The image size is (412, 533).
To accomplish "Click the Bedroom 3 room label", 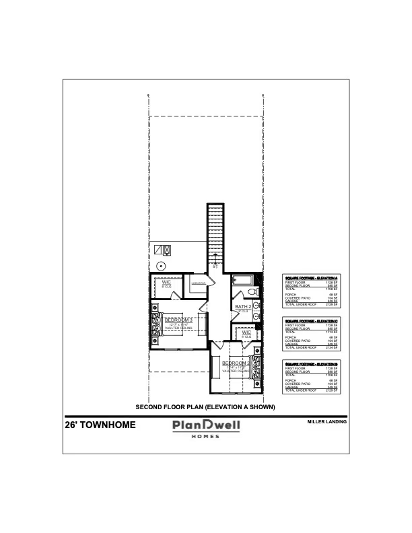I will coord(179,320).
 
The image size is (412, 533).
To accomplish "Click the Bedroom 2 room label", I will coord(235,363).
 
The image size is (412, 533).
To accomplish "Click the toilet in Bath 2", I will coord(252,292).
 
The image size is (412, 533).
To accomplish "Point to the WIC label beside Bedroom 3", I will coord(166,283).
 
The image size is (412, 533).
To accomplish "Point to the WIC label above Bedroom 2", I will coord(246,332).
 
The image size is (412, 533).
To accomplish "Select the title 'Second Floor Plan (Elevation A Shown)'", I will coord(205,406).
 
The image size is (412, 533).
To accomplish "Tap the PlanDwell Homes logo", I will coord(206,428).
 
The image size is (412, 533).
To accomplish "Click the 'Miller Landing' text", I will coord(327,422).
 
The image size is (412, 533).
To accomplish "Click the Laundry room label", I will coord(198,283).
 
